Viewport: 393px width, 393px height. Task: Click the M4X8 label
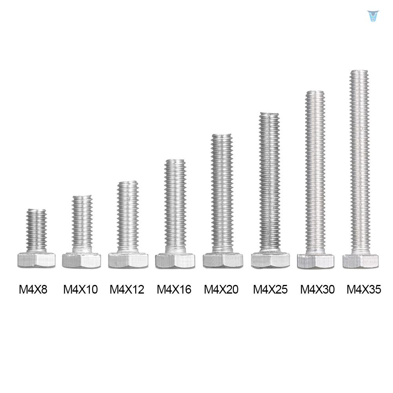[33, 290]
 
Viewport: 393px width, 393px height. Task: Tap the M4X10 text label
[81, 290]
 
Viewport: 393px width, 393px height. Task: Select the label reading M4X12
[127, 290]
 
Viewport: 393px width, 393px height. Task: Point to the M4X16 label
[174, 290]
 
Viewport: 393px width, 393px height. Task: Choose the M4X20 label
[221, 290]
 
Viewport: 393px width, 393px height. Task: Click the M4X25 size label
[270, 290]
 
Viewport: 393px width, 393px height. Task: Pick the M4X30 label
[317, 290]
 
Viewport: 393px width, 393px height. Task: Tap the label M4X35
[364, 290]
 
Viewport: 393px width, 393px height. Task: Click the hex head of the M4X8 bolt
[36, 260]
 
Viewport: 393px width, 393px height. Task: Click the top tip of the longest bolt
[359, 72]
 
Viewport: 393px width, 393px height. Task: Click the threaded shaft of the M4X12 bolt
[128, 216]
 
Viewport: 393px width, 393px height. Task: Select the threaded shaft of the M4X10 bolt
[82, 224]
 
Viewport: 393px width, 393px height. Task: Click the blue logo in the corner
[371, 17]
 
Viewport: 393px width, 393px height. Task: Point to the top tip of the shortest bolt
[37, 211]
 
